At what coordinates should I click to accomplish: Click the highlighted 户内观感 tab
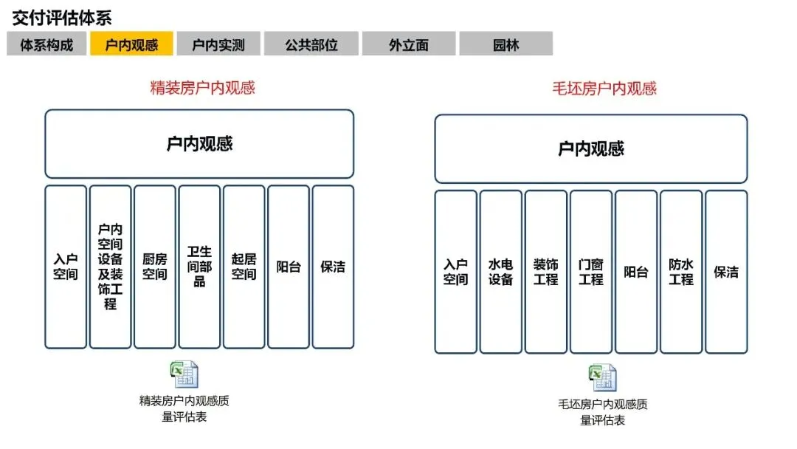pyautogui.click(x=131, y=44)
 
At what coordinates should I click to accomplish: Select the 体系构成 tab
pyautogui.click(x=46, y=44)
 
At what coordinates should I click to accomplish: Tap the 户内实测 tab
pyautogui.click(x=218, y=44)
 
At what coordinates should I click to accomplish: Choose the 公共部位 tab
pyautogui.click(x=311, y=44)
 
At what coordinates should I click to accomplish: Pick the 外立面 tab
pyautogui.click(x=409, y=44)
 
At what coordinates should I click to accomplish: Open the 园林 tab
pyautogui.click(x=506, y=44)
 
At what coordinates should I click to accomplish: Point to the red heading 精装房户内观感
pyautogui.click(x=202, y=88)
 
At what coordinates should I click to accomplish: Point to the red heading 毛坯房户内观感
pyautogui.click(x=604, y=89)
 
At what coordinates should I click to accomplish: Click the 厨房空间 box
pyautogui.click(x=155, y=267)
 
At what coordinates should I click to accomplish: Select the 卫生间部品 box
pyautogui.click(x=199, y=267)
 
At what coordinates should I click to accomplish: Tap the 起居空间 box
pyautogui.click(x=244, y=267)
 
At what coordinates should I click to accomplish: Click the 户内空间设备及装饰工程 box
pyautogui.click(x=110, y=267)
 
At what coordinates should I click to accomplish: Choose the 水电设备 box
pyautogui.click(x=501, y=272)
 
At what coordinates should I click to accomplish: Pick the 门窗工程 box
pyautogui.click(x=591, y=272)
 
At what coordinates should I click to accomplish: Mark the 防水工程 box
pyautogui.click(x=681, y=272)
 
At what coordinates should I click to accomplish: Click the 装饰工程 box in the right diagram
pyautogui.click(x=546, y=272)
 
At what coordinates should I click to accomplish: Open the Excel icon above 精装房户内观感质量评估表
pyautogui.click(x=185, y=374)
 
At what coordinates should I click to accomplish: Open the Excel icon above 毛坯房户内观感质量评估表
pyautogui.click(x=602, y=378)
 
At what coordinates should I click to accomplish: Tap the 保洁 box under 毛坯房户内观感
pyautogui.click(x=726, y=272)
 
